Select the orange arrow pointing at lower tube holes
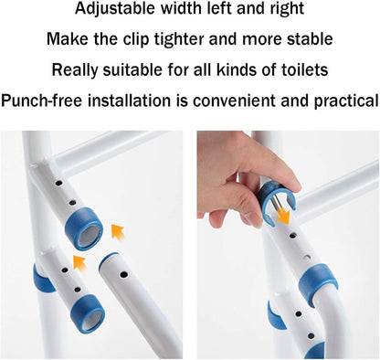[x=79, y=264]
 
